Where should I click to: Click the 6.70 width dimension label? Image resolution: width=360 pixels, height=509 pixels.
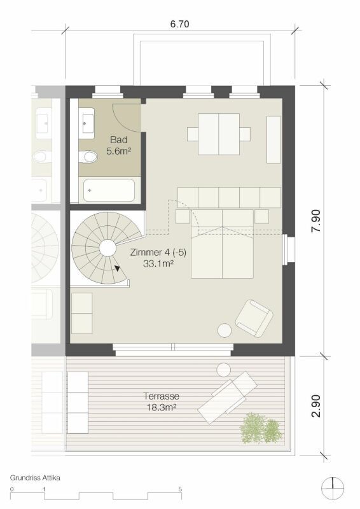tap(179, 24)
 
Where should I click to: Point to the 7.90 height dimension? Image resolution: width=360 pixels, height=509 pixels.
tap(315, 221)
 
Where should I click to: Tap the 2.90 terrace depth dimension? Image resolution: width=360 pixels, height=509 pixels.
tap(315, 406)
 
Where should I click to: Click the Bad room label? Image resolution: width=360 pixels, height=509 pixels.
tap(119, 140)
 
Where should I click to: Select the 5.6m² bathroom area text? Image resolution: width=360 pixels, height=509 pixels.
tap(119, 151)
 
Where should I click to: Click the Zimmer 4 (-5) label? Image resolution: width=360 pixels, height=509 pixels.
tap(158, 253)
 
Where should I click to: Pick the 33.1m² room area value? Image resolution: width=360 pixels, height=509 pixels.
tap(158, 263)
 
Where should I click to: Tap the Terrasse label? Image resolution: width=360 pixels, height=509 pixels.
tap(162, 396)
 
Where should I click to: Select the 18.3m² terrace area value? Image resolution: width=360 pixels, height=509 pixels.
tap(162, 407)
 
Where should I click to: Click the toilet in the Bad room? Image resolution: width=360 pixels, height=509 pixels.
tap(88, 157)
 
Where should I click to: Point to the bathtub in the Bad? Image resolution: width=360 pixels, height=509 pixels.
tap(109, 190)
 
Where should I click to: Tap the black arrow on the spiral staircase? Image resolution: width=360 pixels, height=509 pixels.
tap(117, 268)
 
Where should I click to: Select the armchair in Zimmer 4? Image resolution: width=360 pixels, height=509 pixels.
tap(254, 317)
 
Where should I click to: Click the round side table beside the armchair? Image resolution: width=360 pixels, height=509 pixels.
tap(225, 331)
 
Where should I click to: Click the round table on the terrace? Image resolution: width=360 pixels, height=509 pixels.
tap(224, 370)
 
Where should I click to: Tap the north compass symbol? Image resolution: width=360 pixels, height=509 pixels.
tap(333, 488)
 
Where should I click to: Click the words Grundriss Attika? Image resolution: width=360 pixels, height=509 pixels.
tap(35, 478)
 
